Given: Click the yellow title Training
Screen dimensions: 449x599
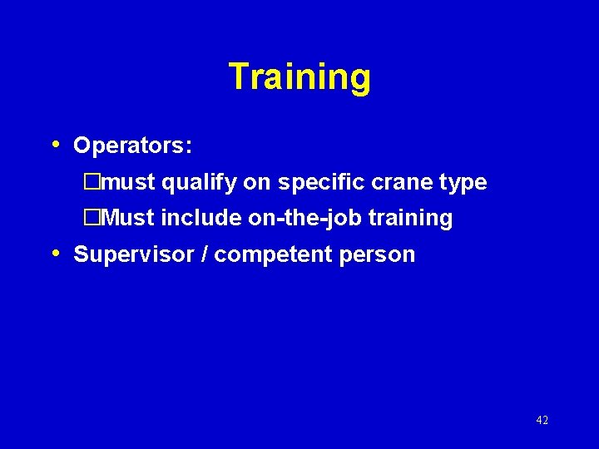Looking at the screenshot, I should click(299, 77).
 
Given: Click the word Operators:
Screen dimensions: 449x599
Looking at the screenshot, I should click(133, 146).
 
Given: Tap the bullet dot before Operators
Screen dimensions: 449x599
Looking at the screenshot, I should click(55, 145).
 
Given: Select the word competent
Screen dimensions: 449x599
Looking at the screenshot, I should click(270, 255).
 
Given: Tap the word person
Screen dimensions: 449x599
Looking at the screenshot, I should click(377, 255).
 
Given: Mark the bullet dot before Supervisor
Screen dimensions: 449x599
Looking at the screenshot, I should click(55, 253).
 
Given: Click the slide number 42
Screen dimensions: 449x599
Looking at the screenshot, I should click(542, 421).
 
